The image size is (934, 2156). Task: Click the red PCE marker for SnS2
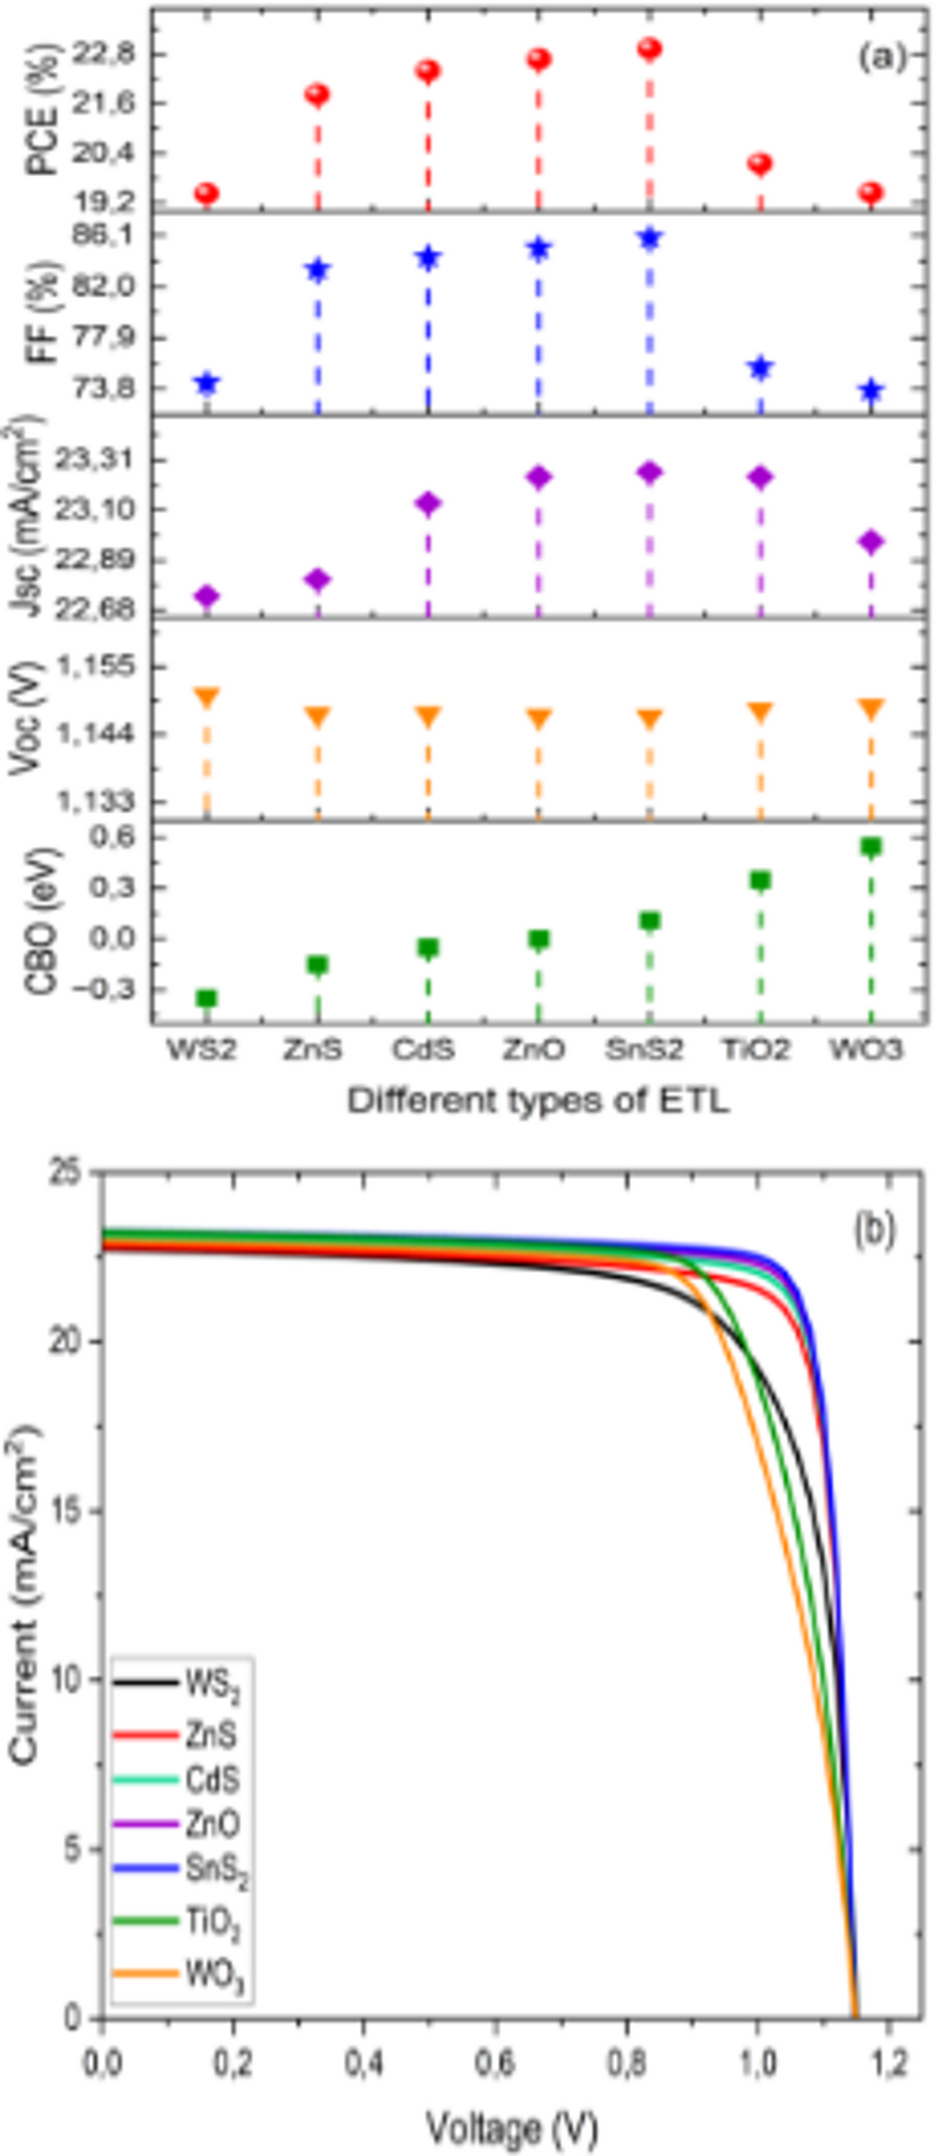(649, 49)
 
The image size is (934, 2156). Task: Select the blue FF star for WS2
(207, 383)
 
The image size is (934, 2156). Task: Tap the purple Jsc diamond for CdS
(428, 503)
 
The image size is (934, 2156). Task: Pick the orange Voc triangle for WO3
(871, 710)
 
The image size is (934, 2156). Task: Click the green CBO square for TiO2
(760, 880)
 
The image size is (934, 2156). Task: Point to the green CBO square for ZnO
(538, 940)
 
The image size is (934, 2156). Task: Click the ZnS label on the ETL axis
(313, 1049)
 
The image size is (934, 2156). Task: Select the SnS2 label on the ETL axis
(644, 1049)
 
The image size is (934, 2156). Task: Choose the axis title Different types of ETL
(538, 1100)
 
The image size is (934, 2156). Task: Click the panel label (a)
(881, 57)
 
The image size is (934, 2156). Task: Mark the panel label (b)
(874, 1230)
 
